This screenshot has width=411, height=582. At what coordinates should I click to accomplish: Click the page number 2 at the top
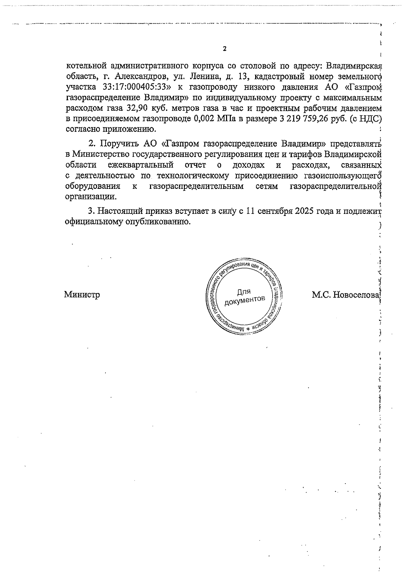click(225, 49)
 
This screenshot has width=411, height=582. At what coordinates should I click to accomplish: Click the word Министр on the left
click(82, 294)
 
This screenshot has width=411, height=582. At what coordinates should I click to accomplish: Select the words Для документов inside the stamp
click(244, 296)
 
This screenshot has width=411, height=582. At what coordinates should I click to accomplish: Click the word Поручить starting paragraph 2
click(116, 143)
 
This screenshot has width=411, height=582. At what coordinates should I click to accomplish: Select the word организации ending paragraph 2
click(90, 197)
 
